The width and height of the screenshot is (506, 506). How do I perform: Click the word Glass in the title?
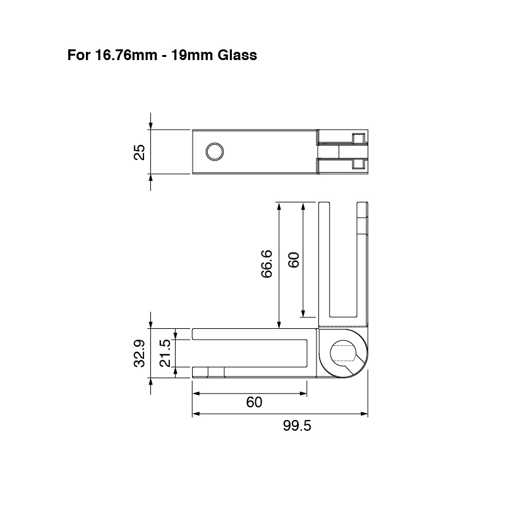tap(237, 55)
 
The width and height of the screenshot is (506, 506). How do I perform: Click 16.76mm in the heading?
tap(126, 55)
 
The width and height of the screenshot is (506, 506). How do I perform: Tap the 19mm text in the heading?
tap(191, 55)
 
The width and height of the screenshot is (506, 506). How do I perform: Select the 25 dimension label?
tap(140, 152)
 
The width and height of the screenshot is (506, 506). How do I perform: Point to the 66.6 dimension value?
tap(267, 264)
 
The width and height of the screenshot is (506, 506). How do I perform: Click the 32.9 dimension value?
tap(140, 354)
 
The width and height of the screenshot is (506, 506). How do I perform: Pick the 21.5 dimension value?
tap(165, 353)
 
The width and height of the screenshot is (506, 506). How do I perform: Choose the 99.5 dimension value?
tap(297, 426)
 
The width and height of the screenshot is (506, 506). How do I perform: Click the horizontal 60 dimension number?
tap(255, 402)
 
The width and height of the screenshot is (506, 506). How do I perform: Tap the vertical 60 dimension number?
tap(294, 260)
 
